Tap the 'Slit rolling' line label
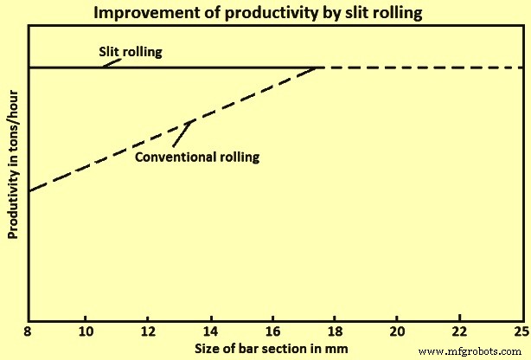130,51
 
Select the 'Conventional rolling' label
197,157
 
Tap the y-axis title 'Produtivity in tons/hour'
13,172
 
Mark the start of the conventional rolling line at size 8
29,190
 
